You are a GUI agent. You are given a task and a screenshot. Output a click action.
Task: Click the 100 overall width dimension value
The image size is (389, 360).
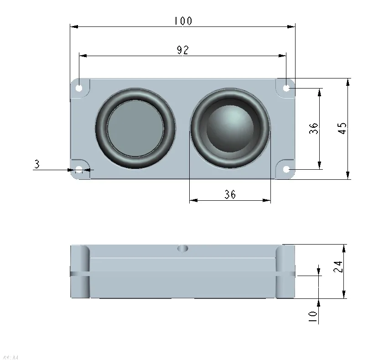point(183,21)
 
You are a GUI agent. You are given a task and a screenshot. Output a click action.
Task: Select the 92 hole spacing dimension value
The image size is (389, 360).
point(183,50)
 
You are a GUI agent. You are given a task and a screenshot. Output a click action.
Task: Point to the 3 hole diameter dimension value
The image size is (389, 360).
point(36,164)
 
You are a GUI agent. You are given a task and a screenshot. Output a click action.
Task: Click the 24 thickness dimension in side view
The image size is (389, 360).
point(337,267)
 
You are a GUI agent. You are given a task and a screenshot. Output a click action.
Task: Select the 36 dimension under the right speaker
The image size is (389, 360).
point(230,195)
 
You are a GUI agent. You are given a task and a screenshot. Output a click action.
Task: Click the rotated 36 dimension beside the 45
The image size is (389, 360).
point(313,128)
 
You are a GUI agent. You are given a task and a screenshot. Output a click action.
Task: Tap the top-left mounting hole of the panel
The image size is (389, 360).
point(79,88)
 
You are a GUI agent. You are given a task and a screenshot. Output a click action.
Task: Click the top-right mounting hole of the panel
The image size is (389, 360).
point(286,88)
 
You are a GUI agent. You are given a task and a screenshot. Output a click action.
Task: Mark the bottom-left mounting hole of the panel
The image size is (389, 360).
point(79,170)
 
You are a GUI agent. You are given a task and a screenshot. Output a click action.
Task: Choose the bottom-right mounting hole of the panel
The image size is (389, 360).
point(286,170)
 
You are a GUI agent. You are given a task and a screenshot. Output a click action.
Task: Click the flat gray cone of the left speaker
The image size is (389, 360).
point(135,129)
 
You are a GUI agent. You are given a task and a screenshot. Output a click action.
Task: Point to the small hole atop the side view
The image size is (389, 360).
point(183,248)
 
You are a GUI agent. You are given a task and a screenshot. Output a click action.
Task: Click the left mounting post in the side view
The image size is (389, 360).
point(80,272)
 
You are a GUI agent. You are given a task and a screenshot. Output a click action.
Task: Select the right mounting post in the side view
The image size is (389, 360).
point(285,272)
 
